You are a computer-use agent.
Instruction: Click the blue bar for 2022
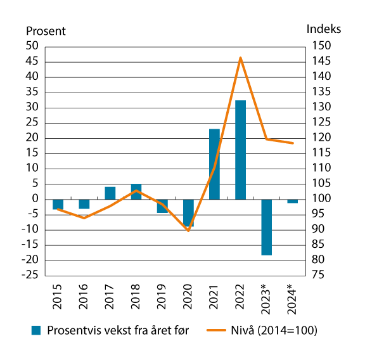coord(240,150)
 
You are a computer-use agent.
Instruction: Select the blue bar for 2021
coord(214,164)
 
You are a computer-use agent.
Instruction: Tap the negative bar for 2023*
coord(266,227)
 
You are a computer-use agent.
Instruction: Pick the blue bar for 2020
coord(188,212)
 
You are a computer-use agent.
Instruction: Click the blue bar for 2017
coord(110,193)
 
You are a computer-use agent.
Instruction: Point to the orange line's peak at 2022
coord(240,58)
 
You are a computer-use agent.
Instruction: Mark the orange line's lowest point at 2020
coord(188,230)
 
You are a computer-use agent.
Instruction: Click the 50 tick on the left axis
coord(32,46)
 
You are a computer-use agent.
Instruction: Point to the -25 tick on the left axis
coord(30,276)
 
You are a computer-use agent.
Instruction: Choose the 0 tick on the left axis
coord(35,199)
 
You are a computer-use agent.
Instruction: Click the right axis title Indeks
coord(323,29)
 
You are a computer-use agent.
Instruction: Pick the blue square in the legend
coord(37,330)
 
